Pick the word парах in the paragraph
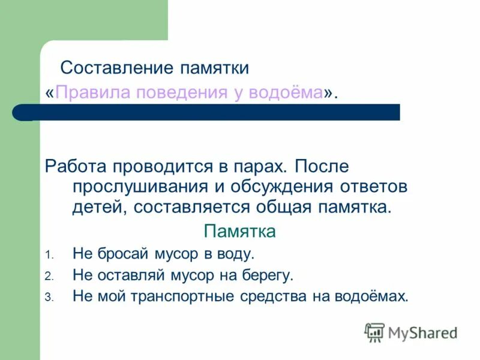point(257,165)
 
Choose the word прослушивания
point(140,187)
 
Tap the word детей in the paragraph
point(99,208)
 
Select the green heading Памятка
point(240,232)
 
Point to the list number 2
point(49,277)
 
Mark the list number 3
point(49,297)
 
